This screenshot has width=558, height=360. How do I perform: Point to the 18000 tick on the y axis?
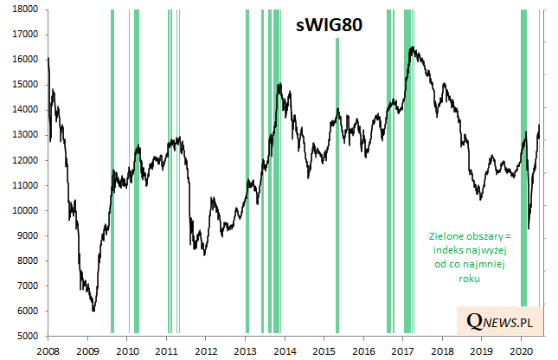(x=23, y=9)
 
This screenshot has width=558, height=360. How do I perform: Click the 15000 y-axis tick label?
(x=23, y=84)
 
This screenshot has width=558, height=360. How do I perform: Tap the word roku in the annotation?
(x=470, y=280)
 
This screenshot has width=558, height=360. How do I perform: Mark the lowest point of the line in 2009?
(x=93, y=311)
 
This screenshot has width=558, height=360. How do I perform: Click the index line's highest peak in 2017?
(x=412, y=48)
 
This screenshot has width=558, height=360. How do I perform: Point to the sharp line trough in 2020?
(x=529, y=228)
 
